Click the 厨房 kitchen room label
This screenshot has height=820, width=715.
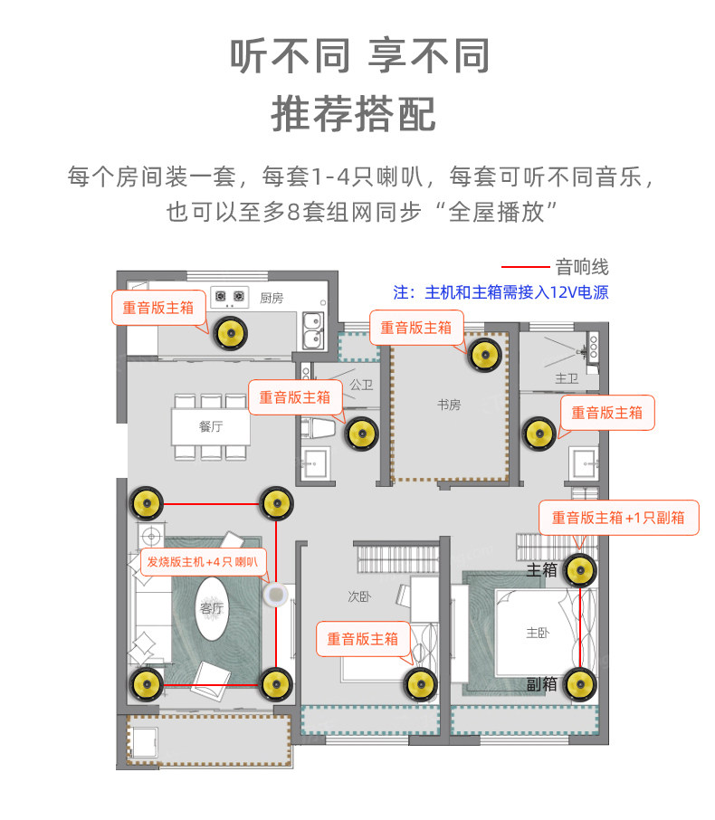click(x=272, y=298)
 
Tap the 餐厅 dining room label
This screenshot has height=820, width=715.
click(x=211, y=425)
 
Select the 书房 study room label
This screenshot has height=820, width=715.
click(x=449, y=405)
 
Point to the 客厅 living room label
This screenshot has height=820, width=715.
click(x=211, y=608)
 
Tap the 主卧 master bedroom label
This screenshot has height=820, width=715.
click(x=538, y=634)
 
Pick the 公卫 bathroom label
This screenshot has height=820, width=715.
click(x=361, y=385)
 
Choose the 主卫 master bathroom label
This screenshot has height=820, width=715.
click(x=567, y=377)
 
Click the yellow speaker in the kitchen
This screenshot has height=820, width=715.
click(x=230, y=334)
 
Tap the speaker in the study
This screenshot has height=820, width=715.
click(x=484, y=354)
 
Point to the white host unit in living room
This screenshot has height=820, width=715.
click(x=274, y=596)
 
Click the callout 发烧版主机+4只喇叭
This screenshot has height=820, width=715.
click(x=203, y=562)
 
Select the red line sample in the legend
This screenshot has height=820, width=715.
click(x=526, y=268)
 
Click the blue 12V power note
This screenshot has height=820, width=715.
click(x=500, y=292)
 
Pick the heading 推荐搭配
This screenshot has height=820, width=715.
click(x=357, y=114)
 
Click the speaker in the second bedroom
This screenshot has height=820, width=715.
click(x=419, y=684)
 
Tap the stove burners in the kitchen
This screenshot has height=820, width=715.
click(x=230, y=295)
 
